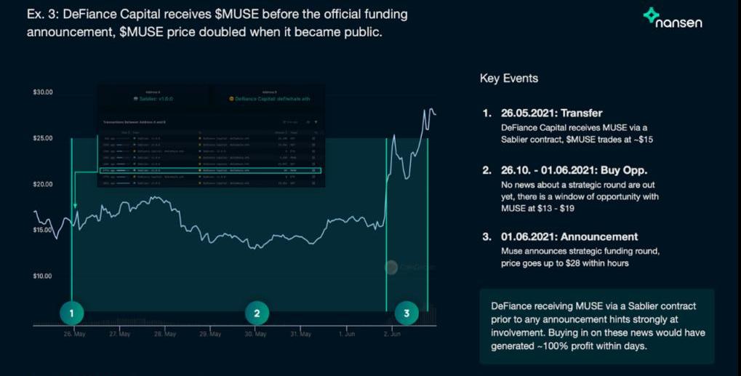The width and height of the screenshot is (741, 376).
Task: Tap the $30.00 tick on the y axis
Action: point(43,92)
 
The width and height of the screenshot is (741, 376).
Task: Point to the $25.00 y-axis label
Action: point(43,138)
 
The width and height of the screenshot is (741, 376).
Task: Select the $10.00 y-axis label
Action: point(43,276)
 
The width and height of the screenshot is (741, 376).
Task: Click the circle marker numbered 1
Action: point(71,313)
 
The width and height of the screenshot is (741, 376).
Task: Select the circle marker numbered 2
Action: point(256,313)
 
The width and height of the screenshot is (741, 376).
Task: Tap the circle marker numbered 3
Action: point(406,313)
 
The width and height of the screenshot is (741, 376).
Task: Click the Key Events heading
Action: point(509,79)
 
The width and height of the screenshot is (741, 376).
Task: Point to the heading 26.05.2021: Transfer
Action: point(552,113)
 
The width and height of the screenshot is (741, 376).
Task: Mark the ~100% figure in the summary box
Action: point(574,345)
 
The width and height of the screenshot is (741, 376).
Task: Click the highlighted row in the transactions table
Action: point(209,172)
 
